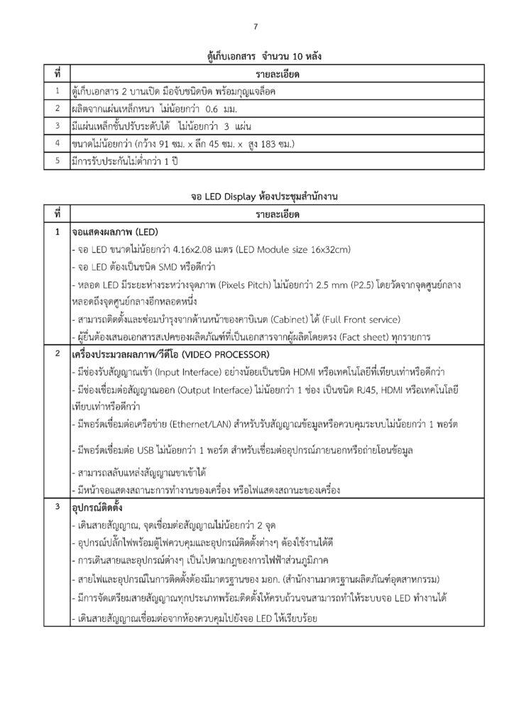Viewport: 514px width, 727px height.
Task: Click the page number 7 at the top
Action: coord(256,28)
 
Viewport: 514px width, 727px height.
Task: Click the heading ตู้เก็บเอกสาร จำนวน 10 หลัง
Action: coord(256,55)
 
